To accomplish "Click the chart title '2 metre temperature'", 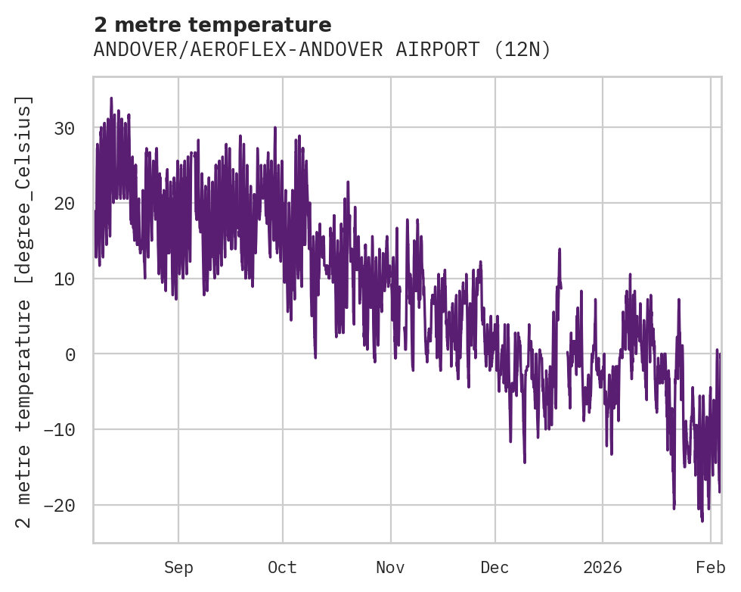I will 212,25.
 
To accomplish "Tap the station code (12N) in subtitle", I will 522,50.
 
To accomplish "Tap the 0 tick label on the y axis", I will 70,354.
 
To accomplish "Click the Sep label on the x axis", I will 178,568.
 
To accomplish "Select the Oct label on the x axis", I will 282,568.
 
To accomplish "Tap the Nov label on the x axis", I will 391,568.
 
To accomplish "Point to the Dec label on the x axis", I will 495,568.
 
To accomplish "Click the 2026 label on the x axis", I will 603,568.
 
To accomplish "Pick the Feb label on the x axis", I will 711,568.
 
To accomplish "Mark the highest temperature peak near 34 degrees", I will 111,98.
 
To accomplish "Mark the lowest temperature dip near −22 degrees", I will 702,521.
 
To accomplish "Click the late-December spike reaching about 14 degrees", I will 560,249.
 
